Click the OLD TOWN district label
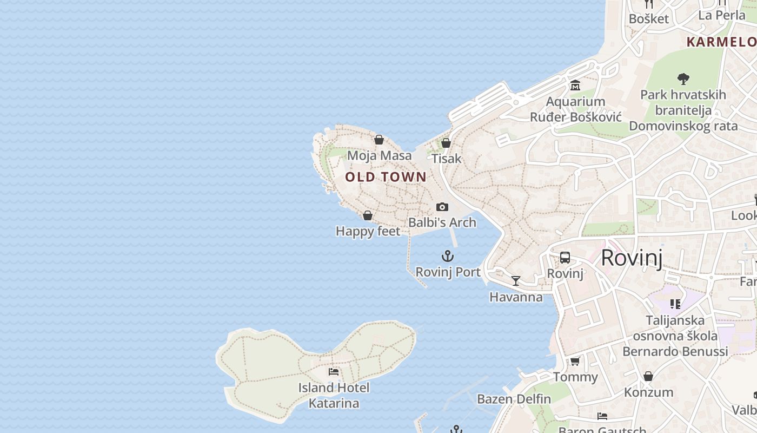coord(386,177)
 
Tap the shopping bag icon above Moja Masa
coord(379,140)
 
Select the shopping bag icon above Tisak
coord(446,143)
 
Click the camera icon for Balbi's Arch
coord(442,207)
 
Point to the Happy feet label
coord(368,232)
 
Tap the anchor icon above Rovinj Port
coord(448,257)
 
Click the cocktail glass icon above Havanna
coord(516,281)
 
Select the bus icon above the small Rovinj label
coord(565,258)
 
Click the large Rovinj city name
coord(632,258)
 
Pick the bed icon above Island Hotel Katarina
coord(334,372)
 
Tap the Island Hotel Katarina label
coord(334,396)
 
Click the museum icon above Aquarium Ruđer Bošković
coord(575,86)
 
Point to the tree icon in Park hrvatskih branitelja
coord(683,79)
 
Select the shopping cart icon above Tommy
coord(575,361)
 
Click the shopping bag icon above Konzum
coord(648,376)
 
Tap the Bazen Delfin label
coord(514,399)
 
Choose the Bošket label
coord(648,19)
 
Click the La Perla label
coord(722,15)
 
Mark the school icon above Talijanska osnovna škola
coord(675,304)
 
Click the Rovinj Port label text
coord(448,272)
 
